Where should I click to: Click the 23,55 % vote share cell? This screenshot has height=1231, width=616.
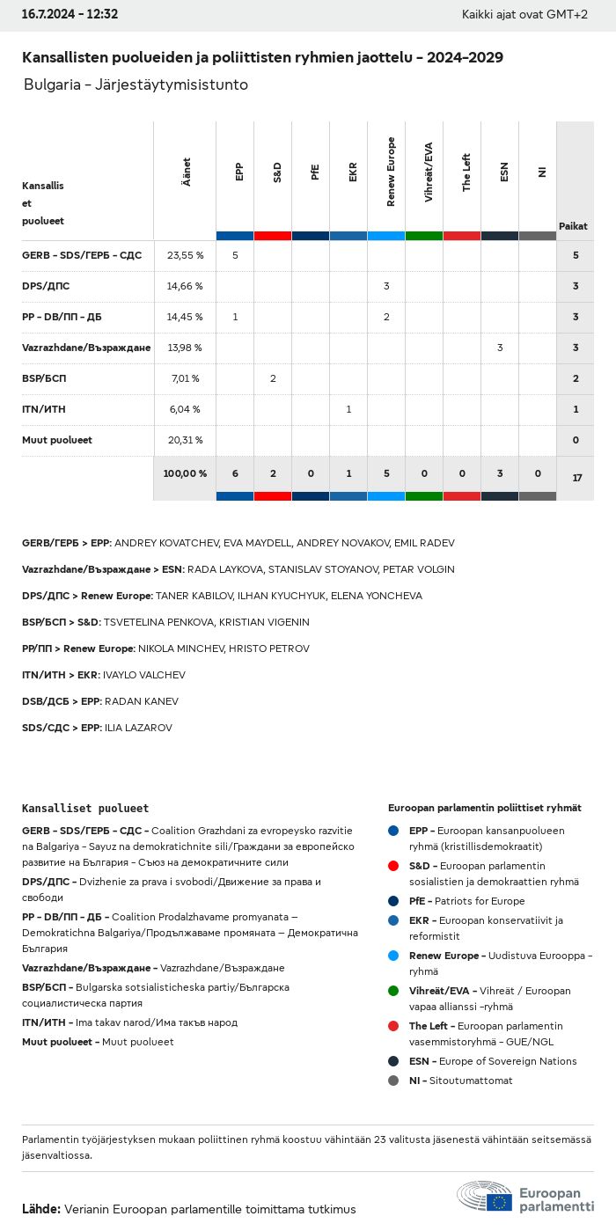coord(185,255)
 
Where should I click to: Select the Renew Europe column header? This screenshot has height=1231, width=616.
coord(391,172)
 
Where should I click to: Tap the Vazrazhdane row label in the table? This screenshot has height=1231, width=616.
coord(86,348)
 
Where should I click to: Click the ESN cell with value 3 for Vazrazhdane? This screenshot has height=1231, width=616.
coord(500,348)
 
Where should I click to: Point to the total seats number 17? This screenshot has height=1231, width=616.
coord(576,478)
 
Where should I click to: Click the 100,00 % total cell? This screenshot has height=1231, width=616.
coord(185,473)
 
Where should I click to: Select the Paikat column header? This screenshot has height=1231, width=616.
coord(573,226)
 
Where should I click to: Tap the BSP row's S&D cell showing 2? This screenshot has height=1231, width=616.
coord(273,378)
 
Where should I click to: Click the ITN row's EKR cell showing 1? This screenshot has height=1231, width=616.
coord(348,409)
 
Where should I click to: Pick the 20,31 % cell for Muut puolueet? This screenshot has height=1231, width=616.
coord(185,440)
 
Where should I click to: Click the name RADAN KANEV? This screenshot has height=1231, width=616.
coord(142,701)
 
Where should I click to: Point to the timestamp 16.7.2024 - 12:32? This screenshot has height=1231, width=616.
coord(70,14)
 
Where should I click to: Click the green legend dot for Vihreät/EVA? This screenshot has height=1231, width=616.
coord(393,991)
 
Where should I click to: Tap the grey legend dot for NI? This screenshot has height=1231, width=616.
coord(393,1081)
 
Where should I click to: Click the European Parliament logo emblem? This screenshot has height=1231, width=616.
coord(485,1198)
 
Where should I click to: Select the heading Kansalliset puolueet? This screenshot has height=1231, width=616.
coord(85,808)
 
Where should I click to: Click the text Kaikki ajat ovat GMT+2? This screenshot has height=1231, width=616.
coord(524,14)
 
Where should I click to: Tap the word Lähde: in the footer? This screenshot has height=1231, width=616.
coord(41,1209)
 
